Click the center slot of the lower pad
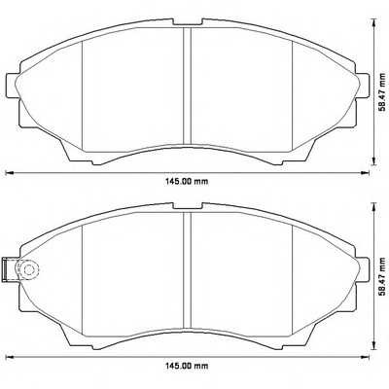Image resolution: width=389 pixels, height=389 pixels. pos(185,272)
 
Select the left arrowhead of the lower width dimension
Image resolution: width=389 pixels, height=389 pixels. pos(9,361)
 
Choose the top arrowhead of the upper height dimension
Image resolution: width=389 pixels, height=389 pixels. pos(373,20)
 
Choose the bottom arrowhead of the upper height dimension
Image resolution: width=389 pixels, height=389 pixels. pos(373,159)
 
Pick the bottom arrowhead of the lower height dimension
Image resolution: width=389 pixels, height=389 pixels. pos(373,348)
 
